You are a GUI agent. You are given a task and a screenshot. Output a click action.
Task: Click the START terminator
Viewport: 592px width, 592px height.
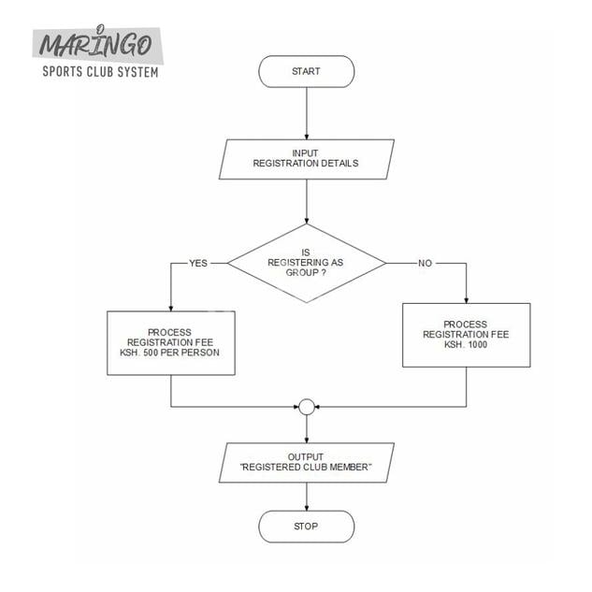(x=306, y=71)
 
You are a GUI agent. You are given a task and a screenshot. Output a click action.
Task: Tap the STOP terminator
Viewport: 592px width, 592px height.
(x=306, y=526)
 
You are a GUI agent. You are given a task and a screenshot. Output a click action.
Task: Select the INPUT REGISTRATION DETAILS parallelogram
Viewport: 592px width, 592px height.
(x=306, y=159)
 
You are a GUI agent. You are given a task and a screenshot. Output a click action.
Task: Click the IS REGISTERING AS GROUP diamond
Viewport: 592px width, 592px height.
(x=306, y=263)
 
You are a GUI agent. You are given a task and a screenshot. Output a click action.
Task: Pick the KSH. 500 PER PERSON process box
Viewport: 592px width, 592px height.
(x=170, y=343)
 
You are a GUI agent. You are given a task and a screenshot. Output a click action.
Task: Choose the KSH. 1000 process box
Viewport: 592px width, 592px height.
(x=466, y=335)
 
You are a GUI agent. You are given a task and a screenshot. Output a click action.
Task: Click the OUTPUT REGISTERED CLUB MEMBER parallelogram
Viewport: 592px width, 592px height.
(x=306, y=462)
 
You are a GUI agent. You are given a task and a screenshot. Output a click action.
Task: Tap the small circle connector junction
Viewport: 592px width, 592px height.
(x=306, y=407)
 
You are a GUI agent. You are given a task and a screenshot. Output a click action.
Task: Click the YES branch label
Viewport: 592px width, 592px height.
(x=198, y=263)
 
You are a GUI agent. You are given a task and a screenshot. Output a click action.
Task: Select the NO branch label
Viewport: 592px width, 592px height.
(x=426, y=263)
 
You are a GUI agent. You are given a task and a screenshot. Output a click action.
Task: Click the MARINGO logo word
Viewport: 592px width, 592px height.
(x=98, y=45)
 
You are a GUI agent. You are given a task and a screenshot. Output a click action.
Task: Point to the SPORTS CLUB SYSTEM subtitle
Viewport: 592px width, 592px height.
(x=100, y=72)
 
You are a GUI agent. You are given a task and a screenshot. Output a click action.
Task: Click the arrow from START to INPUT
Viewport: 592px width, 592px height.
(x=306, y=113)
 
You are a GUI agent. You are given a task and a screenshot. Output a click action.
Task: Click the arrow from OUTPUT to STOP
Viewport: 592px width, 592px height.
(x=306, y=496)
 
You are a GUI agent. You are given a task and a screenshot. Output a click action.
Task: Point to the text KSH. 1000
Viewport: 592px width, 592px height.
(x=466, y=345)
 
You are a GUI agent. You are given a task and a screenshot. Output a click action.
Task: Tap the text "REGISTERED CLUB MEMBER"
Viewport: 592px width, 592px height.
(x=306, y=468)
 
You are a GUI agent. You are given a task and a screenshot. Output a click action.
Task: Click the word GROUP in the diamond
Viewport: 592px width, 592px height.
(x=306, y=273)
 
